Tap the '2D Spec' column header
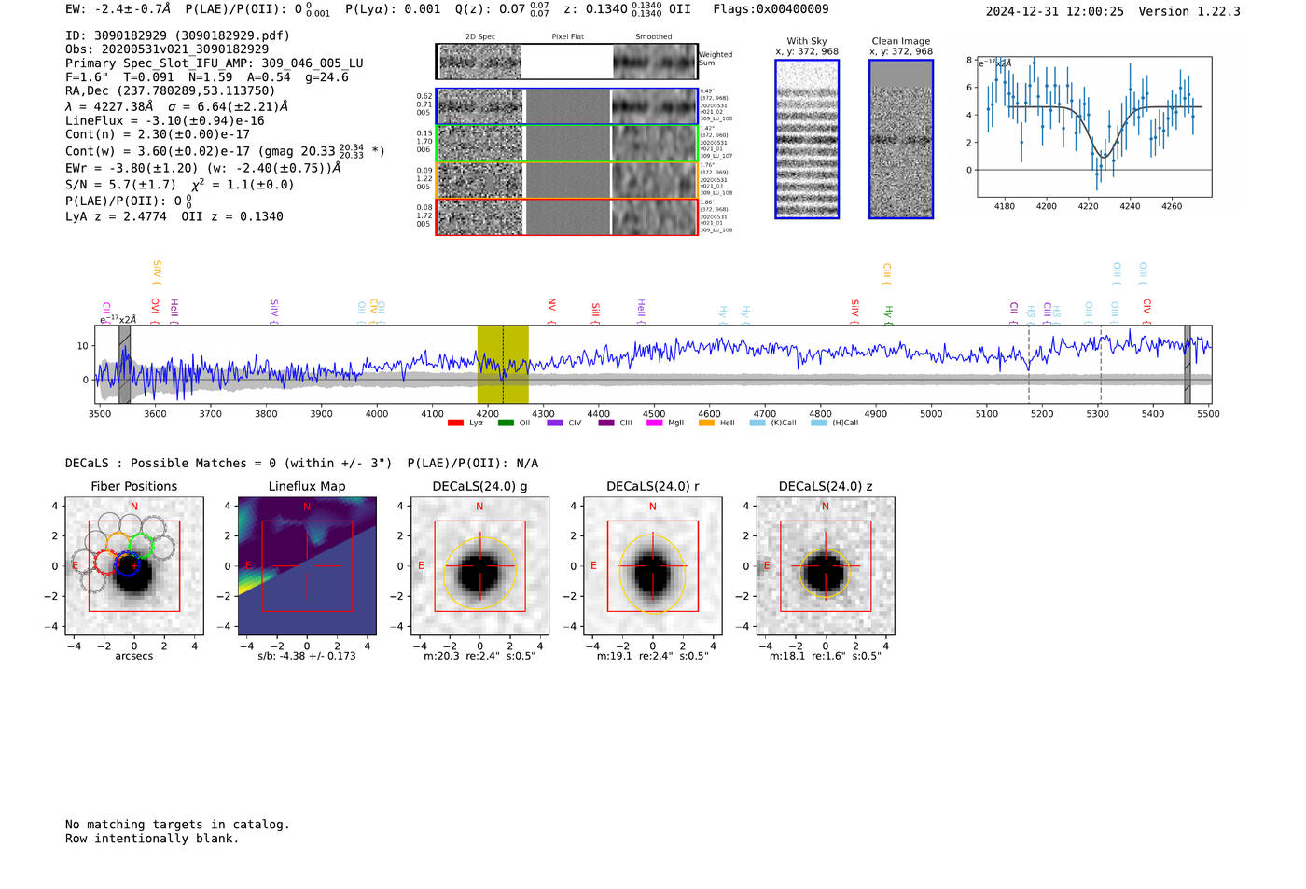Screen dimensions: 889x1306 click(x=480, y=37)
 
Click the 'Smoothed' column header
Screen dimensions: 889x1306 click(x=653, y=37)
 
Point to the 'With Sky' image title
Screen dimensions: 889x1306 click(x=807, y=41)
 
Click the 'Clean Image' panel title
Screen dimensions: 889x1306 click(x=901, y=41)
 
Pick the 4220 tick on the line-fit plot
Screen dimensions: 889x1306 click(x=1088, y=206)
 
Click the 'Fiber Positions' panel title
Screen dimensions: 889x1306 click(x=133, y=486)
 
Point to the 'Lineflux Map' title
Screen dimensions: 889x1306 click(x=307, y=486)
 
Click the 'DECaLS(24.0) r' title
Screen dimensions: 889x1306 click(x=652, y=486)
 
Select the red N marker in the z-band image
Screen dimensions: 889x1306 click(x=825, y=507)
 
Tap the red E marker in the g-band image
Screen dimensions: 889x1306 click(x=421, y=566)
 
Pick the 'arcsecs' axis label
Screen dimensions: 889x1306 click(x=133, y=656)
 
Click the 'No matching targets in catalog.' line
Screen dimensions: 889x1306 click(x=177, y=825)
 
